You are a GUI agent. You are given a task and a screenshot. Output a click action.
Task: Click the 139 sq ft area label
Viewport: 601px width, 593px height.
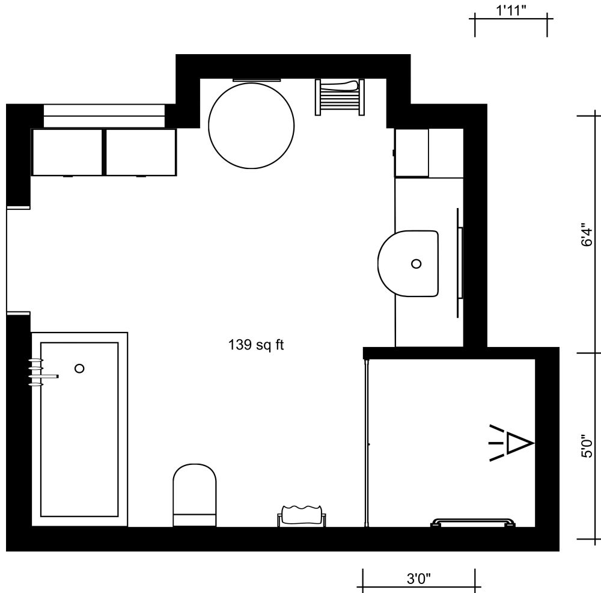click(256, 345)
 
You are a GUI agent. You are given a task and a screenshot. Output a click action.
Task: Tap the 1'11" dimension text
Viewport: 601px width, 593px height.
click(511, 11)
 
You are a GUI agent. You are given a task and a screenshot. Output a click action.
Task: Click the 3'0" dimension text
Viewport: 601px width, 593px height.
click(419, 579)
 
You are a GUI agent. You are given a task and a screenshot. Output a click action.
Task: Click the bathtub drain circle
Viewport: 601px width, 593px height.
click(79, 368)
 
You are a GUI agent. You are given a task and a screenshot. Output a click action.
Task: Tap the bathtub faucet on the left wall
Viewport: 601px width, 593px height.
click(41, 373)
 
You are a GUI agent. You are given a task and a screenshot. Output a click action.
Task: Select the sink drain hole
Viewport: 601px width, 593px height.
click(416, 263)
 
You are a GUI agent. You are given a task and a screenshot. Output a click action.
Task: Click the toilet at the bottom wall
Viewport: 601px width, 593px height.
click(195, 494)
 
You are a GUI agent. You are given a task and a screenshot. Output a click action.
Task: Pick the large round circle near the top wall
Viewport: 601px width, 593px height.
click(251, 125)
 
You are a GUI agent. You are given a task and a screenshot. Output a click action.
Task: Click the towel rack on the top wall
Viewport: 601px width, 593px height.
click(340, 96)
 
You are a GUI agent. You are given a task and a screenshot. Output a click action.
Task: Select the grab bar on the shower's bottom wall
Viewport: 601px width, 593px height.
click(473, 522)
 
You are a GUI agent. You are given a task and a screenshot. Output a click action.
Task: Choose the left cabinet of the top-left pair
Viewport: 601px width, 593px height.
click(67, 152)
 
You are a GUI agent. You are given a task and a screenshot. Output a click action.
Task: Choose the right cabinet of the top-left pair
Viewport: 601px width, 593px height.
click(141, 152)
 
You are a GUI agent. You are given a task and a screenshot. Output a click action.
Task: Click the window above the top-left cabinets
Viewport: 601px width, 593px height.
click(103, 115)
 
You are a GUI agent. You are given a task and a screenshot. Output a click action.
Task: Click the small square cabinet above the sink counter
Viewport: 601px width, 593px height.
click(412, 153)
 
